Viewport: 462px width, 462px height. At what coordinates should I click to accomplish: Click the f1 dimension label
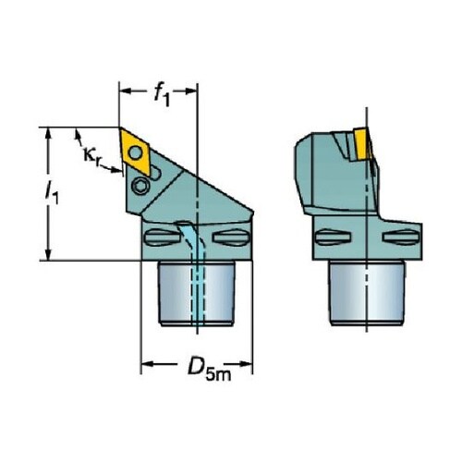pos(162,95)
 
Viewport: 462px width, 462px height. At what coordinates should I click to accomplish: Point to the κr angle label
pos(92,155)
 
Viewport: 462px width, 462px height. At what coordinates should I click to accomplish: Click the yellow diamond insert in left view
pos(135,152)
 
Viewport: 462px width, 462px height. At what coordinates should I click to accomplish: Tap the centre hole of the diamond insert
pos(135,152)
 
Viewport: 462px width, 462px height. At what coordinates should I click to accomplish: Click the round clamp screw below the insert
pos(140,186)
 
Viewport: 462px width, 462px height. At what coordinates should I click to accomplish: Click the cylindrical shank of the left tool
pos(196,293)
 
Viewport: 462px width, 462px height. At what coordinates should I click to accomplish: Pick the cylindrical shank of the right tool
pos(367,293)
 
